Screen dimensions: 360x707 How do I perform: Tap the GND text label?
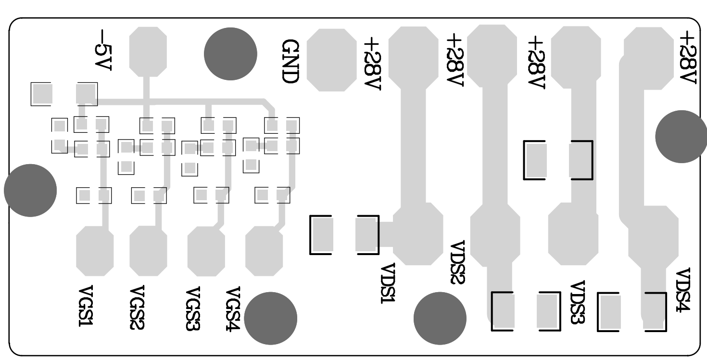290,61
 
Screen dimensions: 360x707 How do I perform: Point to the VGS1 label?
86,307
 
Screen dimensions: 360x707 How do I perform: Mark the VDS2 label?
457,262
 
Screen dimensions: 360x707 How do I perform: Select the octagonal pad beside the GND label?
331,60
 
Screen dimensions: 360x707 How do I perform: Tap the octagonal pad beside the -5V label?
149,51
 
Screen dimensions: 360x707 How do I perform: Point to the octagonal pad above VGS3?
206,251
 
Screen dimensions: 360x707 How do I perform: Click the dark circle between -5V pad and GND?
230,53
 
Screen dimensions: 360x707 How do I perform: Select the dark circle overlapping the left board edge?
30,190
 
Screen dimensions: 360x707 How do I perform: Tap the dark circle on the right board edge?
681,137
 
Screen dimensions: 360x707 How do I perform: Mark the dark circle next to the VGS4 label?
271,318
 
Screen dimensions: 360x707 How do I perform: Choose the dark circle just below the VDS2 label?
440,318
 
